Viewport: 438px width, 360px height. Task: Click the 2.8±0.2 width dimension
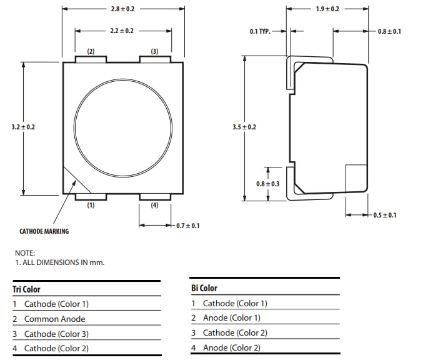coord(122,9)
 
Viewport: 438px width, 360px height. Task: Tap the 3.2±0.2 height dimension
coord(23,127)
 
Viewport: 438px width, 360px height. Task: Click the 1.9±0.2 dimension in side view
coord(327,9)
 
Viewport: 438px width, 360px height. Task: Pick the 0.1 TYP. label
coord(260,31)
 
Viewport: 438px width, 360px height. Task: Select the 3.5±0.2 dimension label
coord(244,127)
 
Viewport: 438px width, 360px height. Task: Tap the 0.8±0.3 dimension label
coord(267,184)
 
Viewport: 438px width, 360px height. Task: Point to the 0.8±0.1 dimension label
coord(389,31)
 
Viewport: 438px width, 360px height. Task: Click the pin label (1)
coord(91,205)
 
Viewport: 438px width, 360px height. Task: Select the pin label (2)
coord(91,51)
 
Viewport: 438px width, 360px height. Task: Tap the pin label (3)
coord(154,51)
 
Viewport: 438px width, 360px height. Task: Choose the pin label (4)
coord(154,205)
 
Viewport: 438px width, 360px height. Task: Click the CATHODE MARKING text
coord(44,231)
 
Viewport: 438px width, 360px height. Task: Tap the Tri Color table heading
coord(26,289)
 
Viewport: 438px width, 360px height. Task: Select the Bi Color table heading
coord(204,288)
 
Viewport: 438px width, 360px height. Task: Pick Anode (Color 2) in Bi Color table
coord(231,347)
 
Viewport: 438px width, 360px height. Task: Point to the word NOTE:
coord(25,253)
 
